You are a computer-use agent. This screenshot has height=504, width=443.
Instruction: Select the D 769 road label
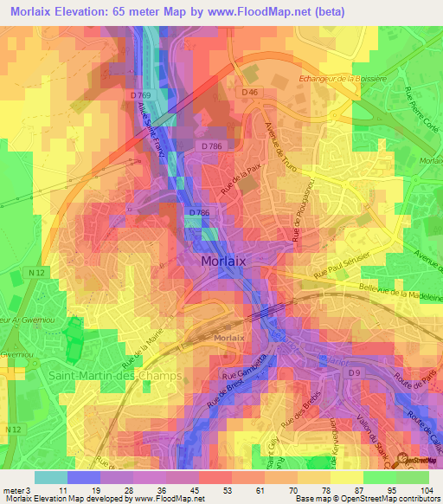point(150,94)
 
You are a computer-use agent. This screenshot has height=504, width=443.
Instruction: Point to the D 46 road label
point(250,92)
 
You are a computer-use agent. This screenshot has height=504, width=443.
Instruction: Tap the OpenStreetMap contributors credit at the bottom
point(390,499)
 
